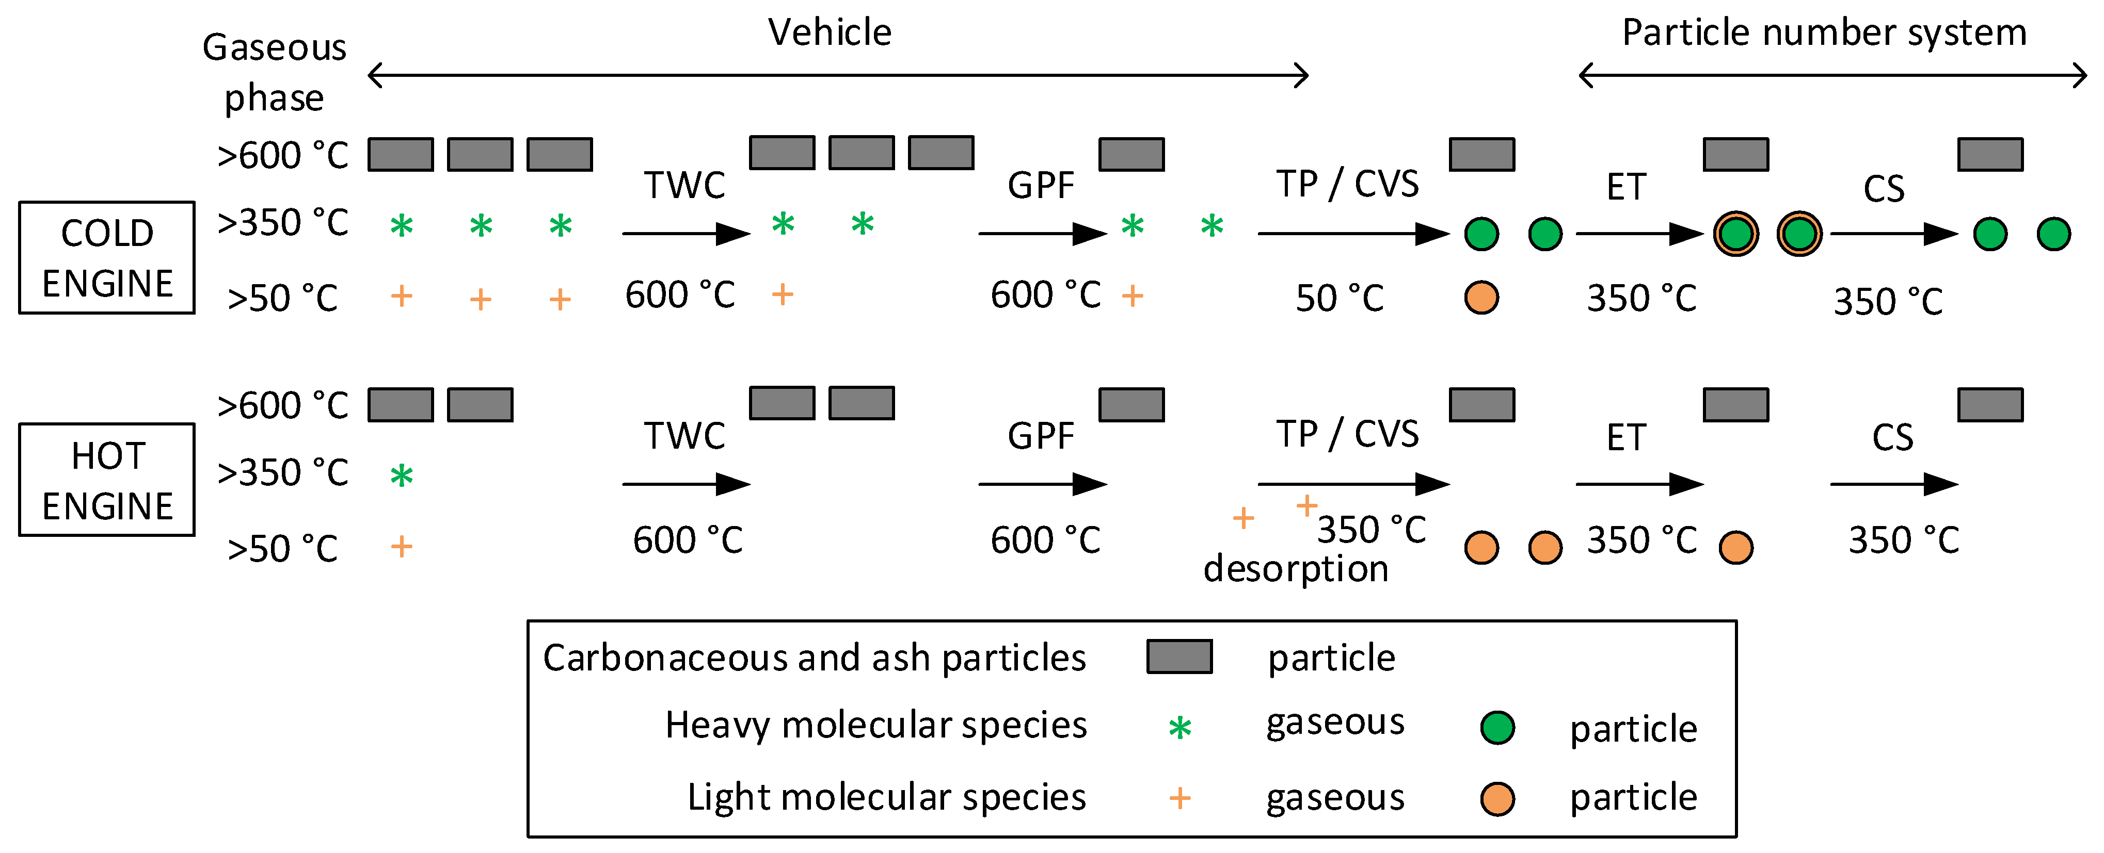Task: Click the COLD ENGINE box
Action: click(x=106, y=257)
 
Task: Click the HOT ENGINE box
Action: click(x=106, y=480)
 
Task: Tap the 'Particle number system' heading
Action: click(x=1824, y=32)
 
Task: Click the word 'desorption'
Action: click(x=1296, y=568)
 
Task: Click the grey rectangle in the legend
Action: click(x=1178, y=657)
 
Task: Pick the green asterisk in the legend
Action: click(x=1179, y=727)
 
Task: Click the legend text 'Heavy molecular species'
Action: click(x=875, y=725)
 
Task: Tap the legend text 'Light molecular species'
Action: click(x=886, y=797)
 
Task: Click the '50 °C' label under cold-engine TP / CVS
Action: click(x=1340, y=298)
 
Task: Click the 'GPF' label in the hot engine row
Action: click(x=1041, y=436)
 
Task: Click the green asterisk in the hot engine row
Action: click(x=401, y=475)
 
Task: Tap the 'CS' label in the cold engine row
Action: click(x=1884, y=189)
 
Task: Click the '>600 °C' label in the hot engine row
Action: click(x=282, y=405)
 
